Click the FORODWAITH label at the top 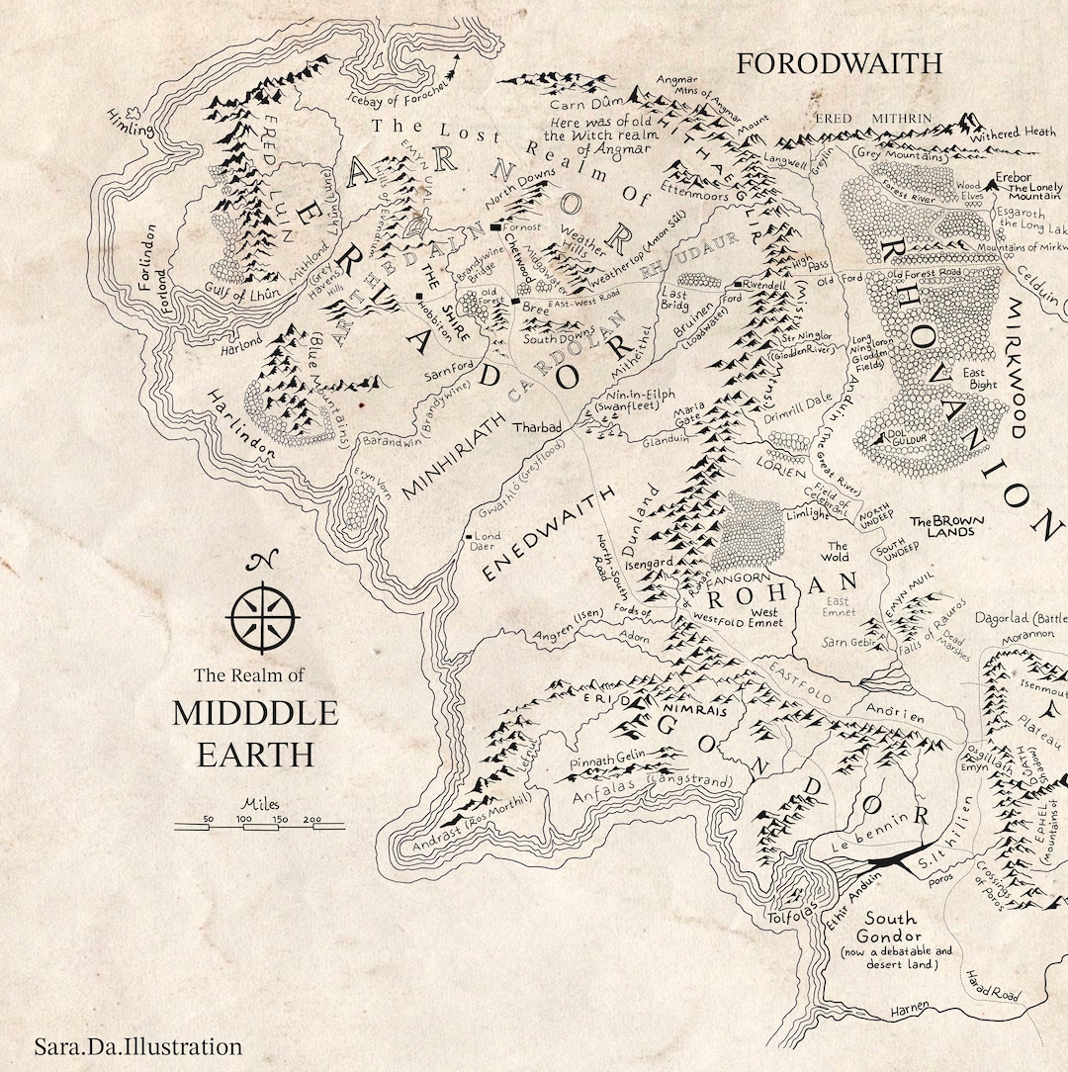coord(840,63)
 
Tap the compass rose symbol coord(262,614)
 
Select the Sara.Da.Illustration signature coord(137,1046)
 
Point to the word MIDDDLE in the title coord(255,713)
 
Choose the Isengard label coord(651,562)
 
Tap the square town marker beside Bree coord(515,300)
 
